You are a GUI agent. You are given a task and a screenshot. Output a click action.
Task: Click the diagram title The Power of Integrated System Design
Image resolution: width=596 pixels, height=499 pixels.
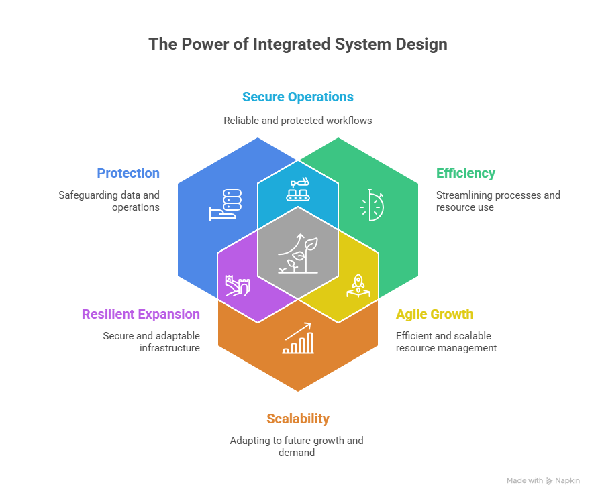point(297,45)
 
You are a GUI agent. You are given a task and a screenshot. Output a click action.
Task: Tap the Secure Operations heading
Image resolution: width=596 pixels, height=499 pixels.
point(297,97)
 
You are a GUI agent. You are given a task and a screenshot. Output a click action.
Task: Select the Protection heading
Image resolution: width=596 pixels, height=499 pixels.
point(128,173)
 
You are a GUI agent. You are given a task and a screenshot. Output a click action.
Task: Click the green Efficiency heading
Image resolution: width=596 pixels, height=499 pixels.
point(466,173)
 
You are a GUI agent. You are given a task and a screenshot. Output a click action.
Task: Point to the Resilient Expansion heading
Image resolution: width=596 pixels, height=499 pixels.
point(140,314)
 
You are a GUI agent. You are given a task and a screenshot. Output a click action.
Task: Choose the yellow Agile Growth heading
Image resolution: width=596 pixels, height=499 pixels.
point(434,314)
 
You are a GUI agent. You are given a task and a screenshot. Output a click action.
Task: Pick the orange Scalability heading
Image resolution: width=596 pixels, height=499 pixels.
point(297,419)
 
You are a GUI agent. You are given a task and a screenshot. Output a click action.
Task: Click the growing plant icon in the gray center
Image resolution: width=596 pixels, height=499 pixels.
point(297,254)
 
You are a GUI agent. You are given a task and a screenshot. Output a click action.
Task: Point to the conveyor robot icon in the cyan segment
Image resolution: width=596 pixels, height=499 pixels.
point(298,190)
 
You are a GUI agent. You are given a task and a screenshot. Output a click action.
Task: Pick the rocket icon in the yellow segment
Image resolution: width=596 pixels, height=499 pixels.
point(357,285)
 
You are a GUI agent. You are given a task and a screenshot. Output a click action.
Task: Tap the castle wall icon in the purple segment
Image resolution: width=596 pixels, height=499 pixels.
point(238,286)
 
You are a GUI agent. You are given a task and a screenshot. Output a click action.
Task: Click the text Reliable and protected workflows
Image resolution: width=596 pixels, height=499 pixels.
point(297,121)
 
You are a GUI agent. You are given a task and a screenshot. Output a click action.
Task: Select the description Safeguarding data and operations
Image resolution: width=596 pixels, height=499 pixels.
point(109,201)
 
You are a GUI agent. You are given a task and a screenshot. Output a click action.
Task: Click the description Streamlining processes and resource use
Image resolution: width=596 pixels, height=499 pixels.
point(498,201)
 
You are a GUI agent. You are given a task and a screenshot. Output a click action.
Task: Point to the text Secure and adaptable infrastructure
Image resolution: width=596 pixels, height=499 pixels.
point(151,342)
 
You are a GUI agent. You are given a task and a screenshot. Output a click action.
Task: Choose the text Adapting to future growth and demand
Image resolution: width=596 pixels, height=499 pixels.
point(297,447)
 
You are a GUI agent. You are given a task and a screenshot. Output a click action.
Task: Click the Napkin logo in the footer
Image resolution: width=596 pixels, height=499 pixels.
point(562,480)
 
